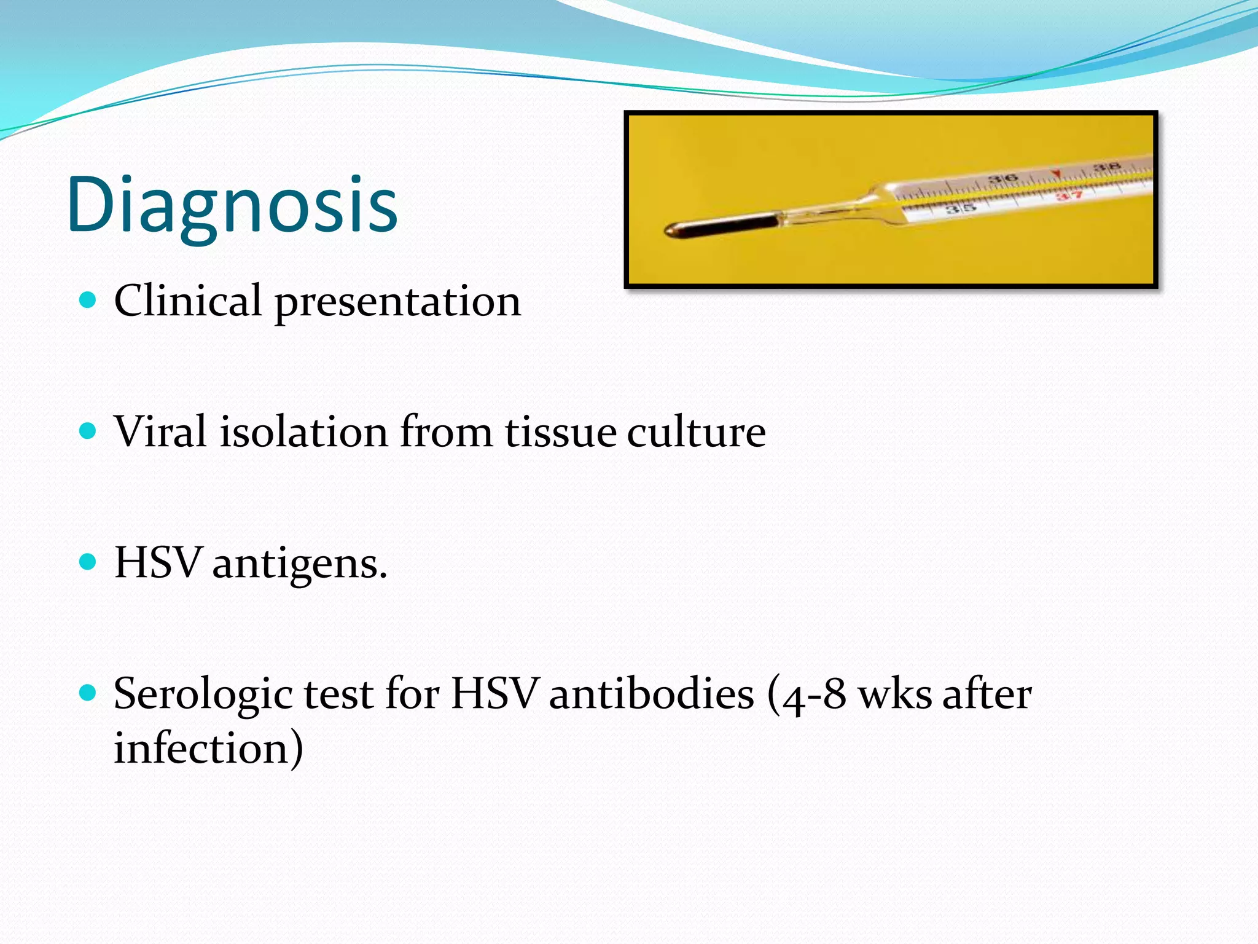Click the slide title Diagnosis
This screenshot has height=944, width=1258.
click(232, 205)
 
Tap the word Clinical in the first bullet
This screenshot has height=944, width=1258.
click(187, 301)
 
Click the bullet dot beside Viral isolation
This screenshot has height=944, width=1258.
click(88, 431)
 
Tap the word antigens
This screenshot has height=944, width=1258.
click(299, 564)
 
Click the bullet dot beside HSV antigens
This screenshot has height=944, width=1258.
click(88, 562)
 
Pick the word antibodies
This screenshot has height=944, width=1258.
click(651, 694)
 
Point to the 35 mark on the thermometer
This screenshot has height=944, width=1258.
click(959, 208)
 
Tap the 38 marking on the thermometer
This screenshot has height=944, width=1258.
click(1107, 167)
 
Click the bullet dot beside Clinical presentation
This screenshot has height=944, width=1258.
click(88, 300)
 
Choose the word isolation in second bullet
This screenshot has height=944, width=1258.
click(304, 431)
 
